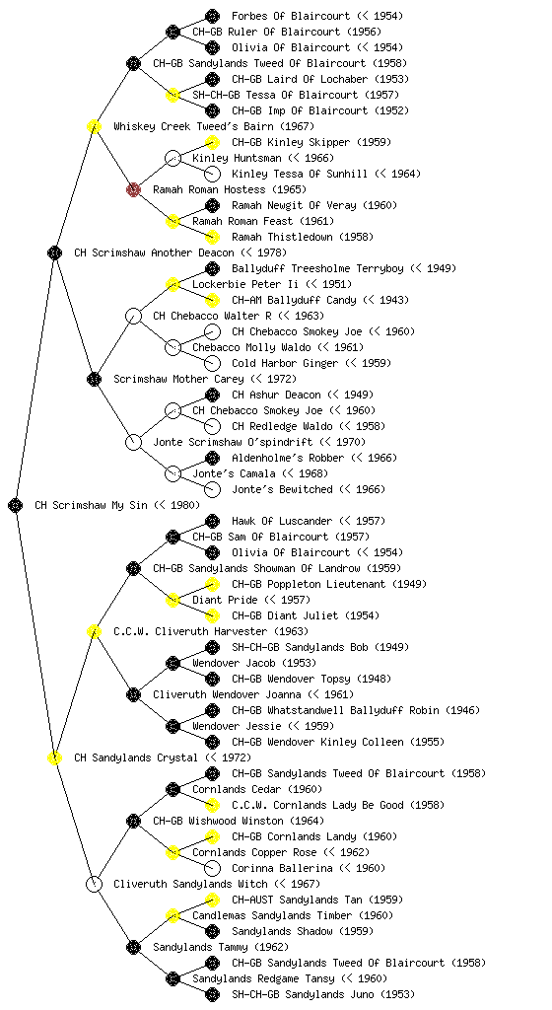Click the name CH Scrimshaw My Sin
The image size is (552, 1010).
point(90,505)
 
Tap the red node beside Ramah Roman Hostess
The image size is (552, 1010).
point(133,189)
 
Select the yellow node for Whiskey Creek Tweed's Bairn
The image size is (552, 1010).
point(94,126)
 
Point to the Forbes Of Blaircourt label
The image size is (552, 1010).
point(291,16)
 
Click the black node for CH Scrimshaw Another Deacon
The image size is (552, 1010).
point(54,252)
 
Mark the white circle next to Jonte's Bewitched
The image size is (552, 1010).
point(212,489)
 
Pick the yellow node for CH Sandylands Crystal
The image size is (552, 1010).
point(54,757)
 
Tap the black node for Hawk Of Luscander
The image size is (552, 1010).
point(212,521)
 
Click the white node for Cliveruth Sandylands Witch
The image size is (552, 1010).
point(94,884)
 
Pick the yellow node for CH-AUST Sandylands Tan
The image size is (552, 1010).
point(212,900)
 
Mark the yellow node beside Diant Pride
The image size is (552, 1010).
point(172,600)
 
